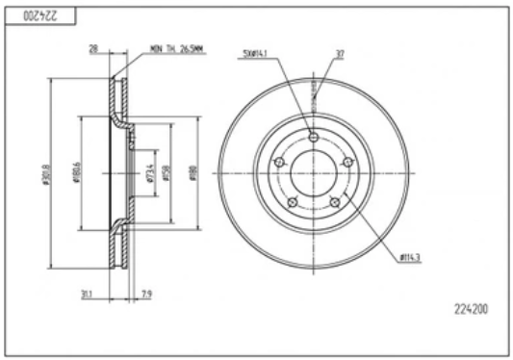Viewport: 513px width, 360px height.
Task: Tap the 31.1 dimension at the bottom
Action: point(90,295)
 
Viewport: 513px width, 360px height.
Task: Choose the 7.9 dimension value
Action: point(146,295)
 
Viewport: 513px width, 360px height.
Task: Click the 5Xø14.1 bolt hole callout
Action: point(256,54)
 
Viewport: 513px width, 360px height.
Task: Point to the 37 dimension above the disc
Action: point(340,54)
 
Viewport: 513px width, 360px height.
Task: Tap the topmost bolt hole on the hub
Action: point(315,134)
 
